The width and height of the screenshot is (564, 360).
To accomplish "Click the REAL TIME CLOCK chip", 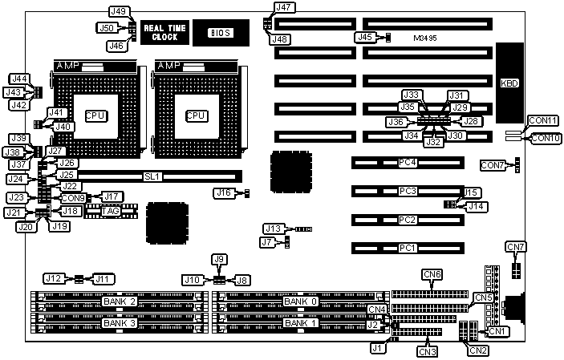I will click(x=164, y=32).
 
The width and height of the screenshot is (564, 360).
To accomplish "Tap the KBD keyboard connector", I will click(x=509, y=83).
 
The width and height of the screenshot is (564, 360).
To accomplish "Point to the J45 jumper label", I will click(x=363, y=36).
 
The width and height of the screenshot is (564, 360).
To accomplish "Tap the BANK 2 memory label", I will click(x=120, y=301).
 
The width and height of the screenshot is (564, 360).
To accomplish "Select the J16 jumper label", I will click(x=224, y=192).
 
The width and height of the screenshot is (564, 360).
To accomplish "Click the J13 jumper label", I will click(x=274, y=229).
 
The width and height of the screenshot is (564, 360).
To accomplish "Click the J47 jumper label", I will click(x=283, y=7).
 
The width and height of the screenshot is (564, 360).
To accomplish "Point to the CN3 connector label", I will click(x=428, y=350).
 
